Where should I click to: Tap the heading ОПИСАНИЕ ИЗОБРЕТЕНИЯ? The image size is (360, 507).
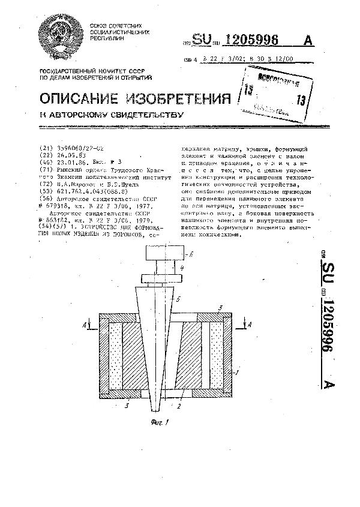135,98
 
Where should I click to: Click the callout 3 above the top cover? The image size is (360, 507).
220,308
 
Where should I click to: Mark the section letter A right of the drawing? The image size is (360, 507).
250,325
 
